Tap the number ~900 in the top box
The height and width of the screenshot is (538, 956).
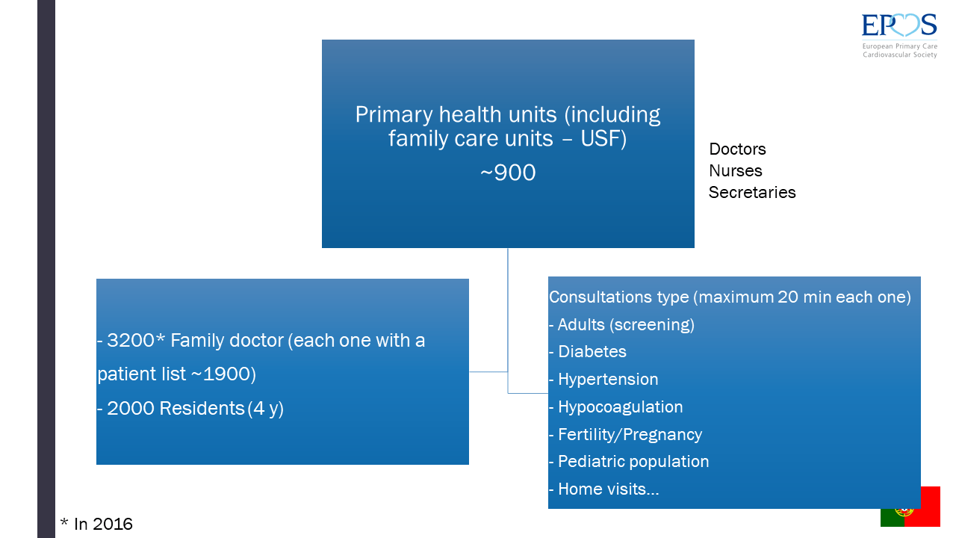tap(508, 173)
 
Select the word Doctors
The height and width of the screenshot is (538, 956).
tap(737, 149)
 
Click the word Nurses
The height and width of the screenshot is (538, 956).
tap(736, 171)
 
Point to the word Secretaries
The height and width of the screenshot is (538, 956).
tap(752, 193)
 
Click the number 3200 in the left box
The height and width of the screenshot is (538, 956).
tap(131, 340)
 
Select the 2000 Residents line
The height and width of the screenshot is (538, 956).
tap(190, 409)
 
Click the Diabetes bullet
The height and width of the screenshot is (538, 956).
tap(588, 352)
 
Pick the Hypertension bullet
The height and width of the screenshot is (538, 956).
tap(603, 380)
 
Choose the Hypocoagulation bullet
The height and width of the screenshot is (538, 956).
tap(616, 407)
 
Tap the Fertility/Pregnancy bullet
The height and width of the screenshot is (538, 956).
tap(626, 435)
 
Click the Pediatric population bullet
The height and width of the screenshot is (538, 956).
tap(629, 462)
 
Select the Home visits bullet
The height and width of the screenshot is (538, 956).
tap(604, 489)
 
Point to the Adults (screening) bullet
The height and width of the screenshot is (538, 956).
tap(622, 325)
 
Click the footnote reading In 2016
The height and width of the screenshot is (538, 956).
tap(96, 524)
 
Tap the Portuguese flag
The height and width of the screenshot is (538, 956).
tap(910, 507)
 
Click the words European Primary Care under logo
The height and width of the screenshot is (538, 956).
tap(900, 46)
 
